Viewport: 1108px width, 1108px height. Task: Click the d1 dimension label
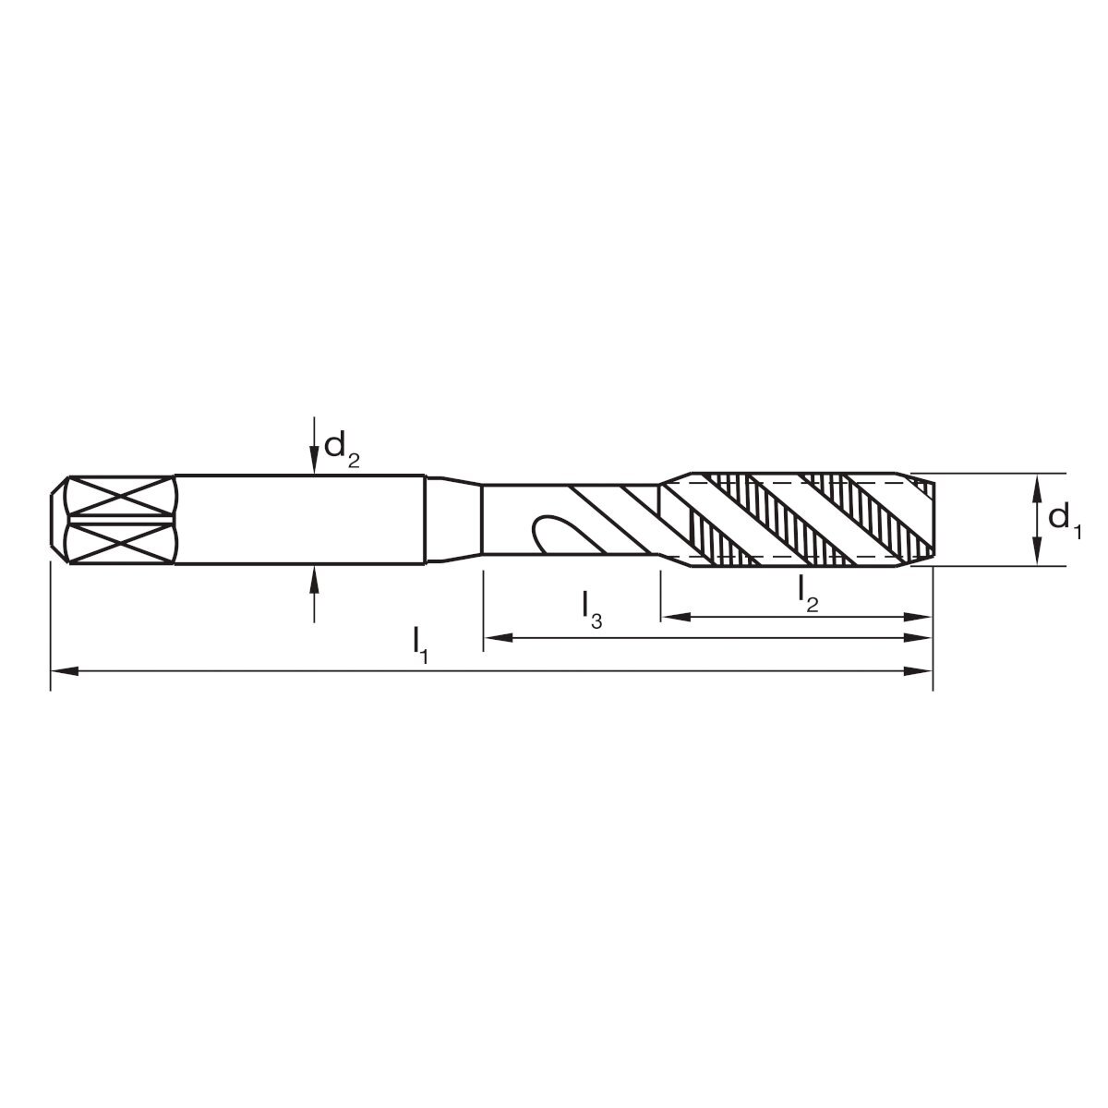pyautogui.click(x=1065, y=520)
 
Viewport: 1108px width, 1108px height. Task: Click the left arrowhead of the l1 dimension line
pyautogui.click(x=65, y=671)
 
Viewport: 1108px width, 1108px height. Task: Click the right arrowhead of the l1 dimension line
pyautogui.click(x=918, y=671)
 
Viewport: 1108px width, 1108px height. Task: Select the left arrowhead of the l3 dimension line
pyautogui.click(x=498, y=638)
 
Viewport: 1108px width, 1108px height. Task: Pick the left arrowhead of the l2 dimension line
pyautogui.click(x=676, y=617)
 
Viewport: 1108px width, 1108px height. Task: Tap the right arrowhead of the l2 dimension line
pyautogui.click(x=918, y=617)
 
